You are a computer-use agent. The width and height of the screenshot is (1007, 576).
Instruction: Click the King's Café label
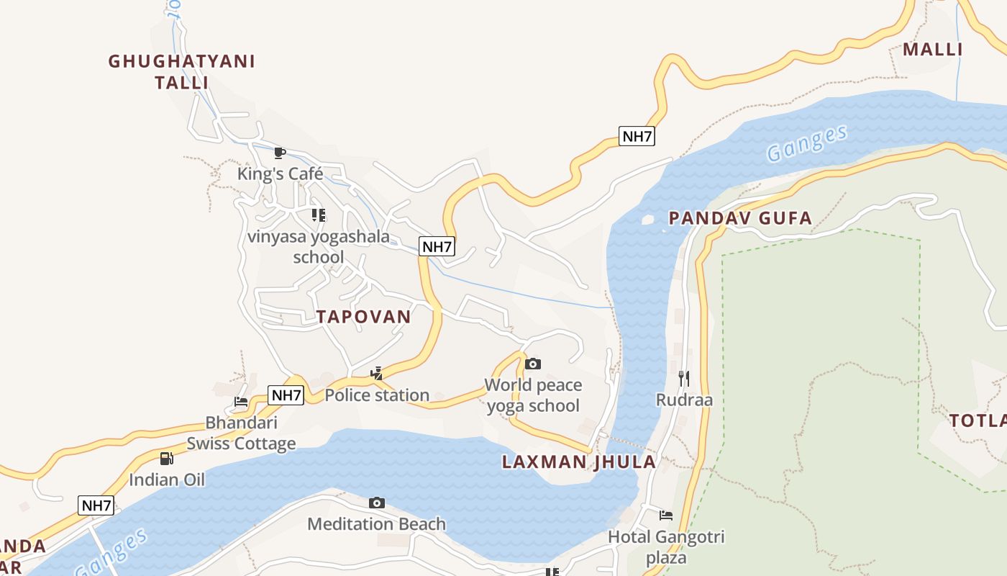pyautogui.click(x=281, y=174)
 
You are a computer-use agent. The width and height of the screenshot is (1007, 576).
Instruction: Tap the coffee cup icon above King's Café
pyautogui.click(x=280, y=153)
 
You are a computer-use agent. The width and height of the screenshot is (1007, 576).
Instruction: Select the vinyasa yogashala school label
pyautogui.click(x=319, y=246)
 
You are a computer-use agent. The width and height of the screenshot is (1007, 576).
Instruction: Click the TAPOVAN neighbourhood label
pyautogui.click(x=363, y=317)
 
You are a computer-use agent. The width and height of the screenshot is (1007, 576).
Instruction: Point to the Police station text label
pyautogui.click(x=377, y=395)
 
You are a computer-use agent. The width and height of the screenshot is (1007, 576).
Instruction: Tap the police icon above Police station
pyautogui.click(x=376, y=373)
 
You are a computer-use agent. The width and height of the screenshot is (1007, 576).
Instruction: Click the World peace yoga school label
pyautogui.click(x=533, y=395)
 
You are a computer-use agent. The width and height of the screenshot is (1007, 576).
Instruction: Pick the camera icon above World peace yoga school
pyautogui.click(x=533, y=364)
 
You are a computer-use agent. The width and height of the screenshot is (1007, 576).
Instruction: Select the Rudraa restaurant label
pyautogui.click(x=684, y=400)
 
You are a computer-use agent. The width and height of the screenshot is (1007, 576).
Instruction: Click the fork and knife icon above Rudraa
pyautogui.click(x=684, y=377)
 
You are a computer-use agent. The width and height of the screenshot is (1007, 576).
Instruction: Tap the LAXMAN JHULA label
pyautogui.click(x=579, y=462)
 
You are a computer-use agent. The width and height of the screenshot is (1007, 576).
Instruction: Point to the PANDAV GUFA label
pyautogui.click(x=740, y=218)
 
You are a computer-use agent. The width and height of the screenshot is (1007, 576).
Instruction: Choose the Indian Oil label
pyautogui.click(x=167, y=480)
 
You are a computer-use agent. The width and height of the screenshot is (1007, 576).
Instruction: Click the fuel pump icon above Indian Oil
pyautogui.click(x=166, y=458)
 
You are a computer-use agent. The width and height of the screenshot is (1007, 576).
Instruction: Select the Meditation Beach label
pyautogui.click(x=376, y=524)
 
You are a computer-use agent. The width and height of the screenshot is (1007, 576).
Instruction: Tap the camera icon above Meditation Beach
pyautogui.click(x=376, y=503)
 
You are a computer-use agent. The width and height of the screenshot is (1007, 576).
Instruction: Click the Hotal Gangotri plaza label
pyautogui.click(x=666, y=547)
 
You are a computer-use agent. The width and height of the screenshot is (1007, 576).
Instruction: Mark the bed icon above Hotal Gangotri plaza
pyautogui.click(x=666, y=515)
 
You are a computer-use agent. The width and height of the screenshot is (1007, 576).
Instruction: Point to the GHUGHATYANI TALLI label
pyautogui.click(x=182, y=72)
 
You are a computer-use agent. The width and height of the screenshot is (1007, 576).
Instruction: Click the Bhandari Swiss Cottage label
pyautogui.click(x=241, y=433)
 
